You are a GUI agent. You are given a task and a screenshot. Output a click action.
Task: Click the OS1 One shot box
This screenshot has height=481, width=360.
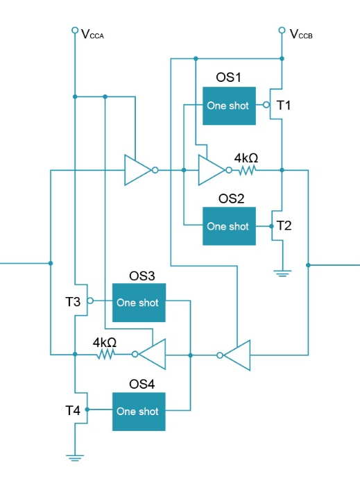229,106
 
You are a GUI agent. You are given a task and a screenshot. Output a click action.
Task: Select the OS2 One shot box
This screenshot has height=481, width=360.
229,226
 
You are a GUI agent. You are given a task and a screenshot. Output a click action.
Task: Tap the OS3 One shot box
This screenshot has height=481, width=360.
139,303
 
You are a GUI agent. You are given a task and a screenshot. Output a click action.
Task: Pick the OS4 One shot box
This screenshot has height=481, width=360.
139,412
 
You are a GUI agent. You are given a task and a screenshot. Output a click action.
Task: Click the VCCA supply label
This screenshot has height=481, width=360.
93,34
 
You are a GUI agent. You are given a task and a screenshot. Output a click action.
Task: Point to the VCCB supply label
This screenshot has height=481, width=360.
301,34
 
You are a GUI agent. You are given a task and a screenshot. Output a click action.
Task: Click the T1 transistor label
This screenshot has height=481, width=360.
284,106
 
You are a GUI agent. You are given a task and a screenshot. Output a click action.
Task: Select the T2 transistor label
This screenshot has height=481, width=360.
284,226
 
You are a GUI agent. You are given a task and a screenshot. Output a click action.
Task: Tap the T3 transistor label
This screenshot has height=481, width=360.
73,302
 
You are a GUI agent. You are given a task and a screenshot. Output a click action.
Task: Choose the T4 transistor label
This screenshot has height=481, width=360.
73,410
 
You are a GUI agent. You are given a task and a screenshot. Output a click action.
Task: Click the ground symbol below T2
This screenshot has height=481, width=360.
282,273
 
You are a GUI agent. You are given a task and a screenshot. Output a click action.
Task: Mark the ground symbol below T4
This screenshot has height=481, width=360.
75,458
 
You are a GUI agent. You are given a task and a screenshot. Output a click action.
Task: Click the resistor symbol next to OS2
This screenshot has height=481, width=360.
247,170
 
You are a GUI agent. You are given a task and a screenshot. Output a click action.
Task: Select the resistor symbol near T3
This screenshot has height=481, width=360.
105,355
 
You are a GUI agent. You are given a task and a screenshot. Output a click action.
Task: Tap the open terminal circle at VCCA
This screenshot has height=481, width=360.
75,30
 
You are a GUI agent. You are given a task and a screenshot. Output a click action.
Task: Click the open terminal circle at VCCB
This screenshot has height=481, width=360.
282,30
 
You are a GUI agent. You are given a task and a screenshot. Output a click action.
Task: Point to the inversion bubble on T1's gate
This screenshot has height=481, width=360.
266,106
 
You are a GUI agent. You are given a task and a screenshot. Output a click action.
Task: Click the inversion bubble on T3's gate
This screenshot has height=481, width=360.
90,301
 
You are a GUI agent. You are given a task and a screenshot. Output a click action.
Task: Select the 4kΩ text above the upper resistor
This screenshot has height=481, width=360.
246,158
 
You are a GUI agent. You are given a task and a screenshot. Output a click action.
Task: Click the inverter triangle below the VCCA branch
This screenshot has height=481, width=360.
137,170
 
